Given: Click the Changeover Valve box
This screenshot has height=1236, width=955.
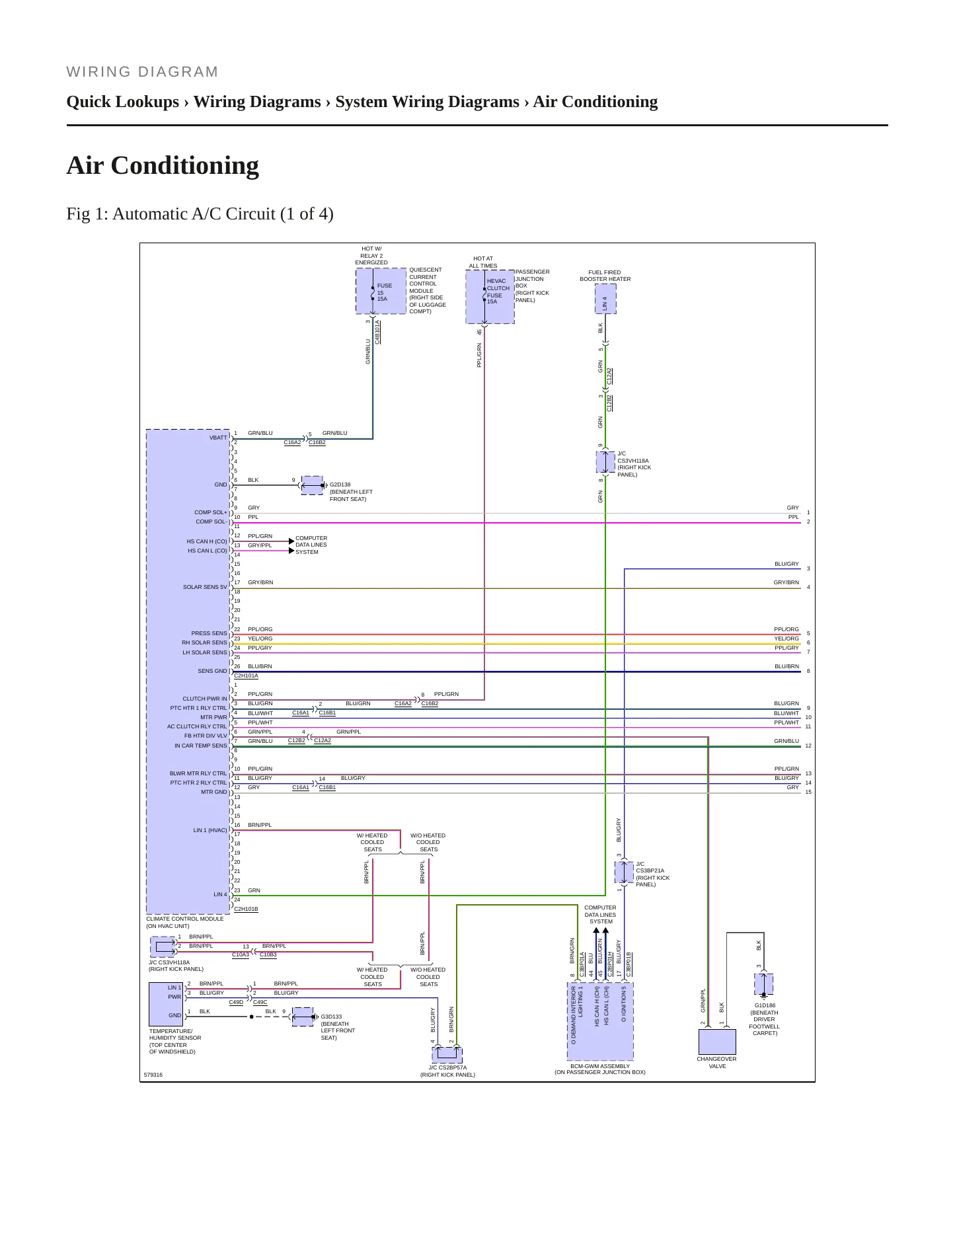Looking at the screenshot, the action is (717, 1042).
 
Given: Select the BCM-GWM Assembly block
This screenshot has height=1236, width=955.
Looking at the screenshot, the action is (600, 1021).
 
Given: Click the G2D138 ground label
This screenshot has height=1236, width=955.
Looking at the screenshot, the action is (340, 484).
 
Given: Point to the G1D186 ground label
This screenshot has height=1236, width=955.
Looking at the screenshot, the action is (765, 1005).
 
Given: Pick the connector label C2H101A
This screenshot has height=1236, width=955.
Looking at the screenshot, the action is (246, 676).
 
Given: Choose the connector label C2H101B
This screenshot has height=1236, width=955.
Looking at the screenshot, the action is (246, 909).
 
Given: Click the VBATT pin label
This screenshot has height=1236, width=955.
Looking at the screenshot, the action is (218, 438).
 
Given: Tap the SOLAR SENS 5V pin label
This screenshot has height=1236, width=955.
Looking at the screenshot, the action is (205, 587).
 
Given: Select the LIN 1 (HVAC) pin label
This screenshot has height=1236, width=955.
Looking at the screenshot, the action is (210, 830).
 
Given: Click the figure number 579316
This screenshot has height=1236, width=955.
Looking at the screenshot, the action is (153, 1075).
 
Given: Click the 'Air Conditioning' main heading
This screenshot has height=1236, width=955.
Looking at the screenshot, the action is (163, 165).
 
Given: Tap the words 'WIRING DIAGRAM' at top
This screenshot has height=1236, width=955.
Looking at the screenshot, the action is (142, 72).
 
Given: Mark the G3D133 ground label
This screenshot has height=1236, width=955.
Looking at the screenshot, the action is (332, 1017).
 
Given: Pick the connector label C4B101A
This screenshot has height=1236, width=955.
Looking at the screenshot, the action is (377, 332).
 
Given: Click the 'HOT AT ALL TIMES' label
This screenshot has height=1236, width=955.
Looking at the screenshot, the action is (483, 262).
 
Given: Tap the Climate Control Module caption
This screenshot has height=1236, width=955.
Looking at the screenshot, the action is (185, 922).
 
